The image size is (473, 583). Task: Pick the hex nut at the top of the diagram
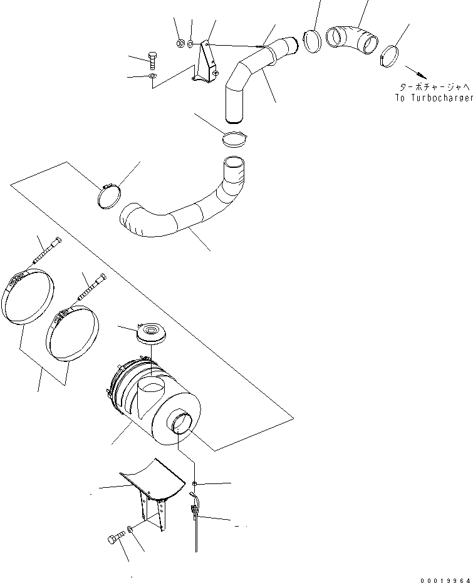click(x=179, y=44)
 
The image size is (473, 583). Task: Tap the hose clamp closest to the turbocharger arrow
click(x=390, y=54)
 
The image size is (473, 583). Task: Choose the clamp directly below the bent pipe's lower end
click(x=236, y=138)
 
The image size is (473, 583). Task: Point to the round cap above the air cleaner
click(x=150, y=332)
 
